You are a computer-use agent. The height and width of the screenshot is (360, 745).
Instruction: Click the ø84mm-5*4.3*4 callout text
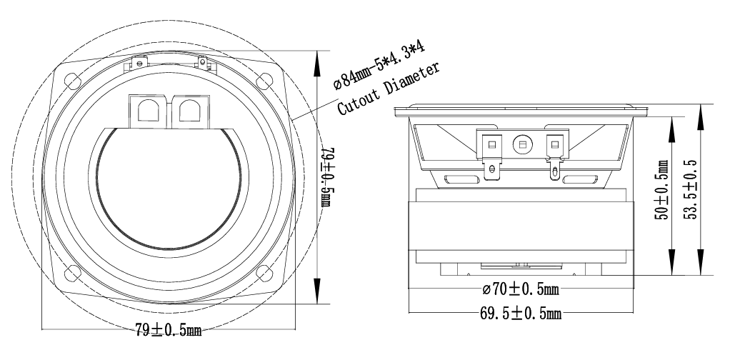pos(379,65)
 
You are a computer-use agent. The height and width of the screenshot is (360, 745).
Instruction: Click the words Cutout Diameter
pos(389,89)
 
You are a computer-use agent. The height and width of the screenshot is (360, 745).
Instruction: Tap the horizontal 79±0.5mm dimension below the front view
pos(168,329)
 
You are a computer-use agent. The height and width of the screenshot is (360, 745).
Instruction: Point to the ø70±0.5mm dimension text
pos(521,289)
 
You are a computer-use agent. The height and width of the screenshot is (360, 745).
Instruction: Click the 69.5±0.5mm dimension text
pos(521,313)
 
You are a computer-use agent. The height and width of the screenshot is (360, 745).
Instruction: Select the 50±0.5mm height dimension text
pos(661,189)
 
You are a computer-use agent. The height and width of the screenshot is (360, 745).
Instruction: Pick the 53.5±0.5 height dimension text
pos(691,189)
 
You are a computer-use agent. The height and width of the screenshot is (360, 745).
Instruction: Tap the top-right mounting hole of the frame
pos(264,80)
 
